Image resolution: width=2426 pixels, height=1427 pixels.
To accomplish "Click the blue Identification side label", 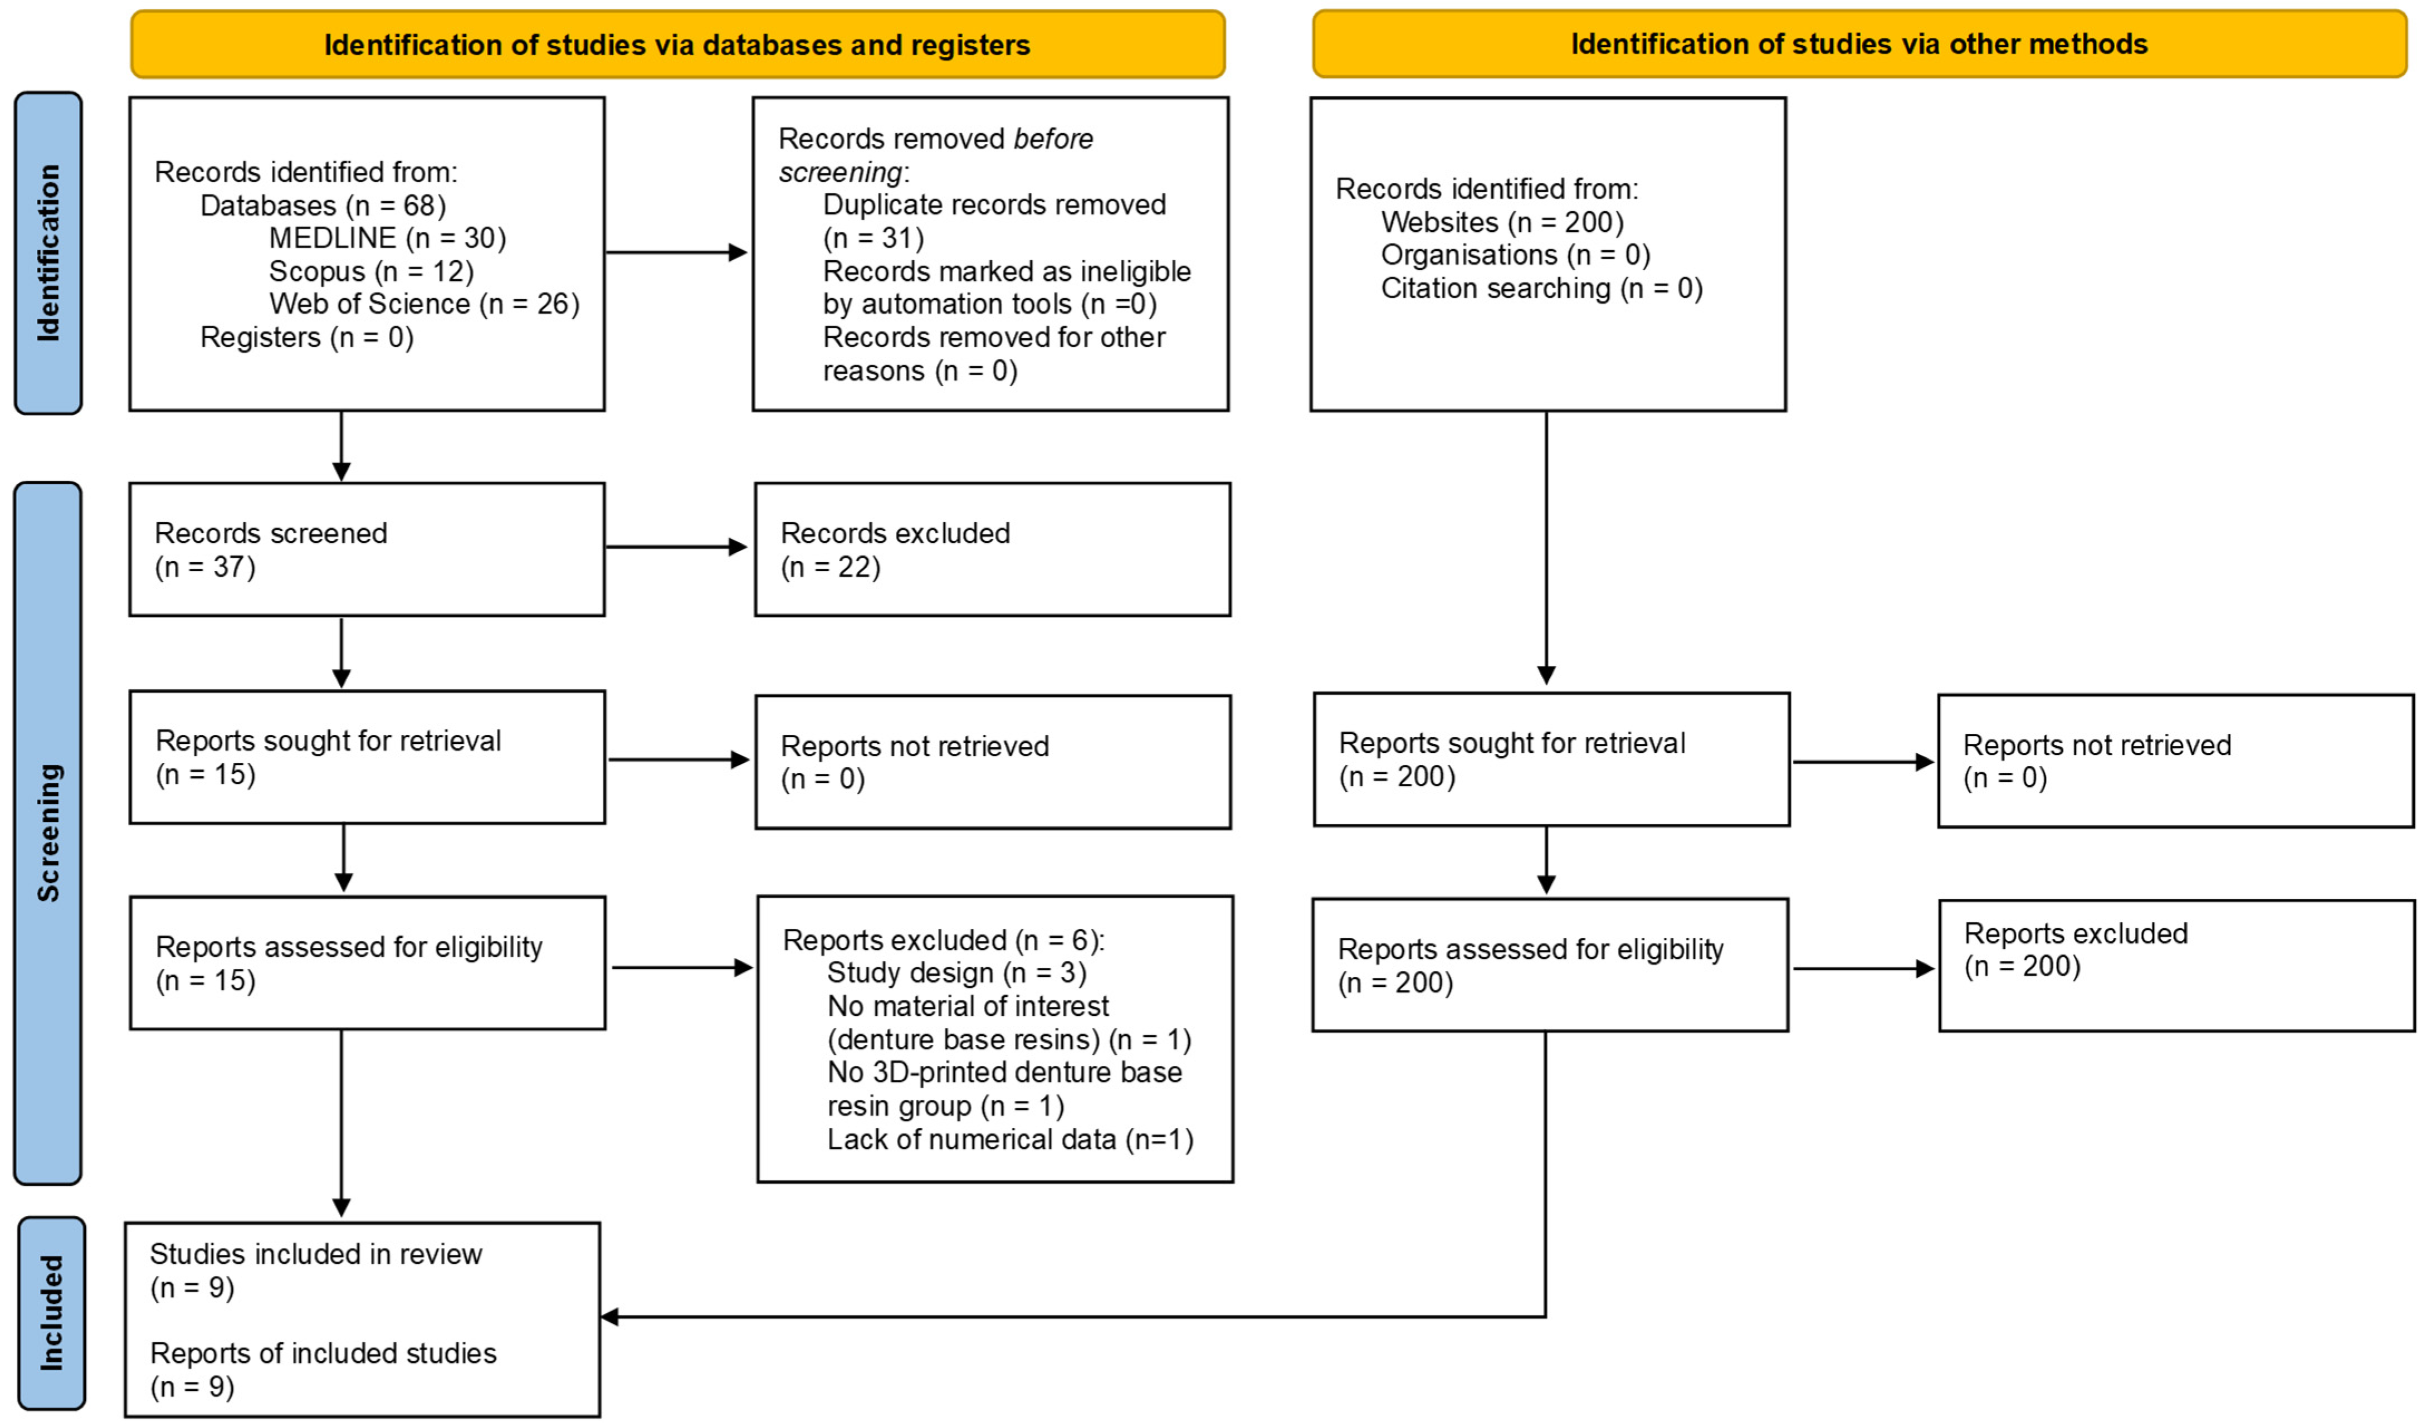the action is click(48, 253).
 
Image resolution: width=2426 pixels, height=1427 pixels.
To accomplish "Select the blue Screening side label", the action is click(48, 833).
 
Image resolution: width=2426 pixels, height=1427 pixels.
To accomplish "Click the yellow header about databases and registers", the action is click(678, 44).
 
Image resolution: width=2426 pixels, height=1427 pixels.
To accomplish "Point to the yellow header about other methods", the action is click(1860, 43).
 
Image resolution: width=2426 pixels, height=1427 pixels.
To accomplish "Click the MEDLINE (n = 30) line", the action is click(387, 238).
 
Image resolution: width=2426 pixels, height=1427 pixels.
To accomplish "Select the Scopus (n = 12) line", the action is click(372, 271).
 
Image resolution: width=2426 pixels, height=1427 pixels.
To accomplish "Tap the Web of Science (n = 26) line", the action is click(424, 304).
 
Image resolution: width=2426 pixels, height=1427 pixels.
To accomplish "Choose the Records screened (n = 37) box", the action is click(367, 549).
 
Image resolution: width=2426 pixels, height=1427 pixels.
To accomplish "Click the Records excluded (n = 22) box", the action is click(993, 549).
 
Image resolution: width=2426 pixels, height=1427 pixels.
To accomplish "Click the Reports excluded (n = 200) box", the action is click(2176, 966).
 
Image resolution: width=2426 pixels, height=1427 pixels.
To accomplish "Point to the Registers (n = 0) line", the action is click(307, 338).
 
